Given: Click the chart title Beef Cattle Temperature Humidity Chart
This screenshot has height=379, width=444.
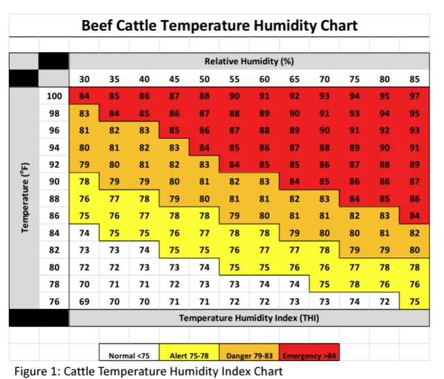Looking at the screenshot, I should (220, 26).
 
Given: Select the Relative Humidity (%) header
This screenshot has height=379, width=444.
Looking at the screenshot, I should (248, 61).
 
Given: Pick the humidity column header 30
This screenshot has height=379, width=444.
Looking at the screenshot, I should (84, 78).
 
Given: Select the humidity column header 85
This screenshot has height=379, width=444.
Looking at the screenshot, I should (415, 78).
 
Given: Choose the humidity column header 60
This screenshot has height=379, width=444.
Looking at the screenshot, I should (264, 78).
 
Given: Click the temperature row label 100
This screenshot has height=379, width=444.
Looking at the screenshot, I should (54, 96).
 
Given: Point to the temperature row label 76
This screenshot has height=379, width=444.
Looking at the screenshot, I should (54, 301).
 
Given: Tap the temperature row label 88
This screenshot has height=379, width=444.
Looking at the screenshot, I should (54, 198).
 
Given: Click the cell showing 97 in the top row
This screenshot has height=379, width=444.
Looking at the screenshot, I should (415, 96).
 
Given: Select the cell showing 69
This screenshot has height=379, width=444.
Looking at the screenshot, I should (84, 301).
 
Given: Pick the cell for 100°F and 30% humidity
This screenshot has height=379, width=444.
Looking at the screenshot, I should (84, 96).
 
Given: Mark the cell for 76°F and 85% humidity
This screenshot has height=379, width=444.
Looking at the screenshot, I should (415, 301).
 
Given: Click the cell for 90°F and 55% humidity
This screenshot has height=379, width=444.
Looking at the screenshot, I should (234, 181).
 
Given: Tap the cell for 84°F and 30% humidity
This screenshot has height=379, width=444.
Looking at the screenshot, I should (84, 233).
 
